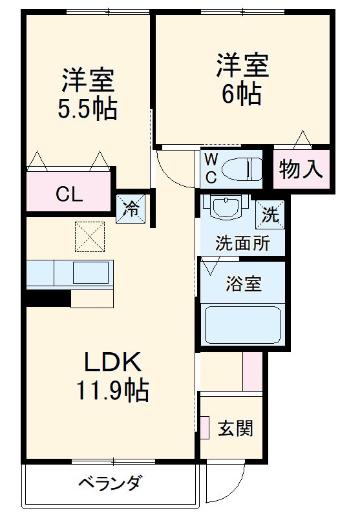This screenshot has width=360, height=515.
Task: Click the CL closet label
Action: click(x=68, y=193)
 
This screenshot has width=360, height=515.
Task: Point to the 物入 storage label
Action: click(x=301, y=169)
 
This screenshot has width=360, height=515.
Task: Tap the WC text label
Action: click(x=211, y=168)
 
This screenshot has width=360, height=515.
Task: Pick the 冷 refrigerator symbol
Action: click(x=131, y=209)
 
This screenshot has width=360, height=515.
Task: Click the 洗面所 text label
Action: click(x=241, y=245)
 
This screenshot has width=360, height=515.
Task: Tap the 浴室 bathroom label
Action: click(x=243, y=284)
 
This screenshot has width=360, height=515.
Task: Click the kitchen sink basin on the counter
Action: click(x=90, y=273)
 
